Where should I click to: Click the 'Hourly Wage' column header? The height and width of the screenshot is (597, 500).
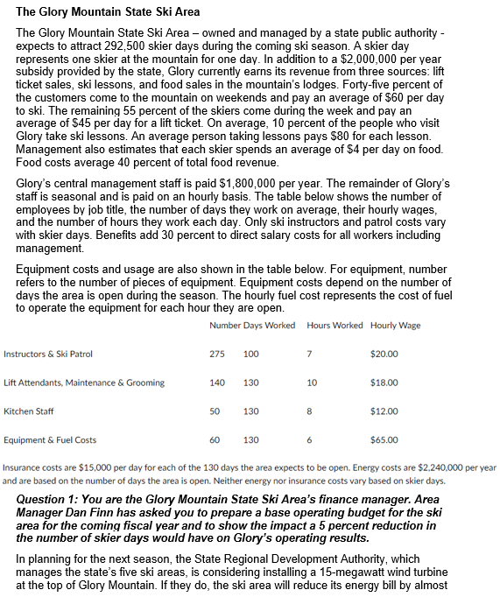tap(395, 326)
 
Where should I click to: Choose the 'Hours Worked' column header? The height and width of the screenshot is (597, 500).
tap(335, 326)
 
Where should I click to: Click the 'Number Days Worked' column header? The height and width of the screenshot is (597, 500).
tap(252, 326)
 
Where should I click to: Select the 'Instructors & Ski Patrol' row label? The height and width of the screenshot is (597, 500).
tap(48, 354)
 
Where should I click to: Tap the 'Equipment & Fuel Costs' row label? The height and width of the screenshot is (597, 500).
tap(50, 439)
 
